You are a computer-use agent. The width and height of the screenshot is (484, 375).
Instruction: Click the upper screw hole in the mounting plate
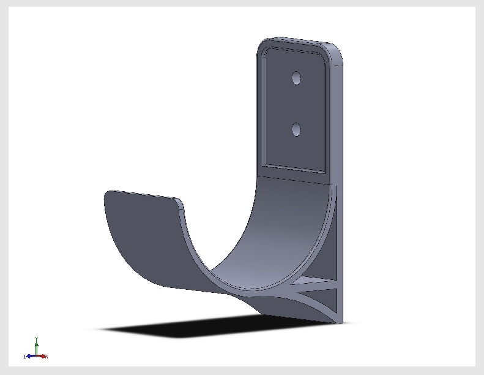pyautogui.click(x=296, y=78)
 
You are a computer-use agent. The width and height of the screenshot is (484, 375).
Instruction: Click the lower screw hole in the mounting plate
pyautogui.click(x=297, y=129)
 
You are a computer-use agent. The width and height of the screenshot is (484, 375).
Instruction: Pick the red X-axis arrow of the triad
pyautogui.click(x=45, y=356)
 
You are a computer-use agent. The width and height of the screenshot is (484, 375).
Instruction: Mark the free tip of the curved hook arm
pyautogui.click(x=108, y=194)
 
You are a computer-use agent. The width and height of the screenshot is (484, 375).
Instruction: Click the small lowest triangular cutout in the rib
pyautogui.click(x=331, y=304)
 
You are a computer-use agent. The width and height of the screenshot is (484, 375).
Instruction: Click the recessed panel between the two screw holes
pyautogui.click(x=296, y=104)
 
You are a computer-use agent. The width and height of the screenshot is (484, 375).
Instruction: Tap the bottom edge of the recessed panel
pyautogui.click(x=294, y=169)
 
